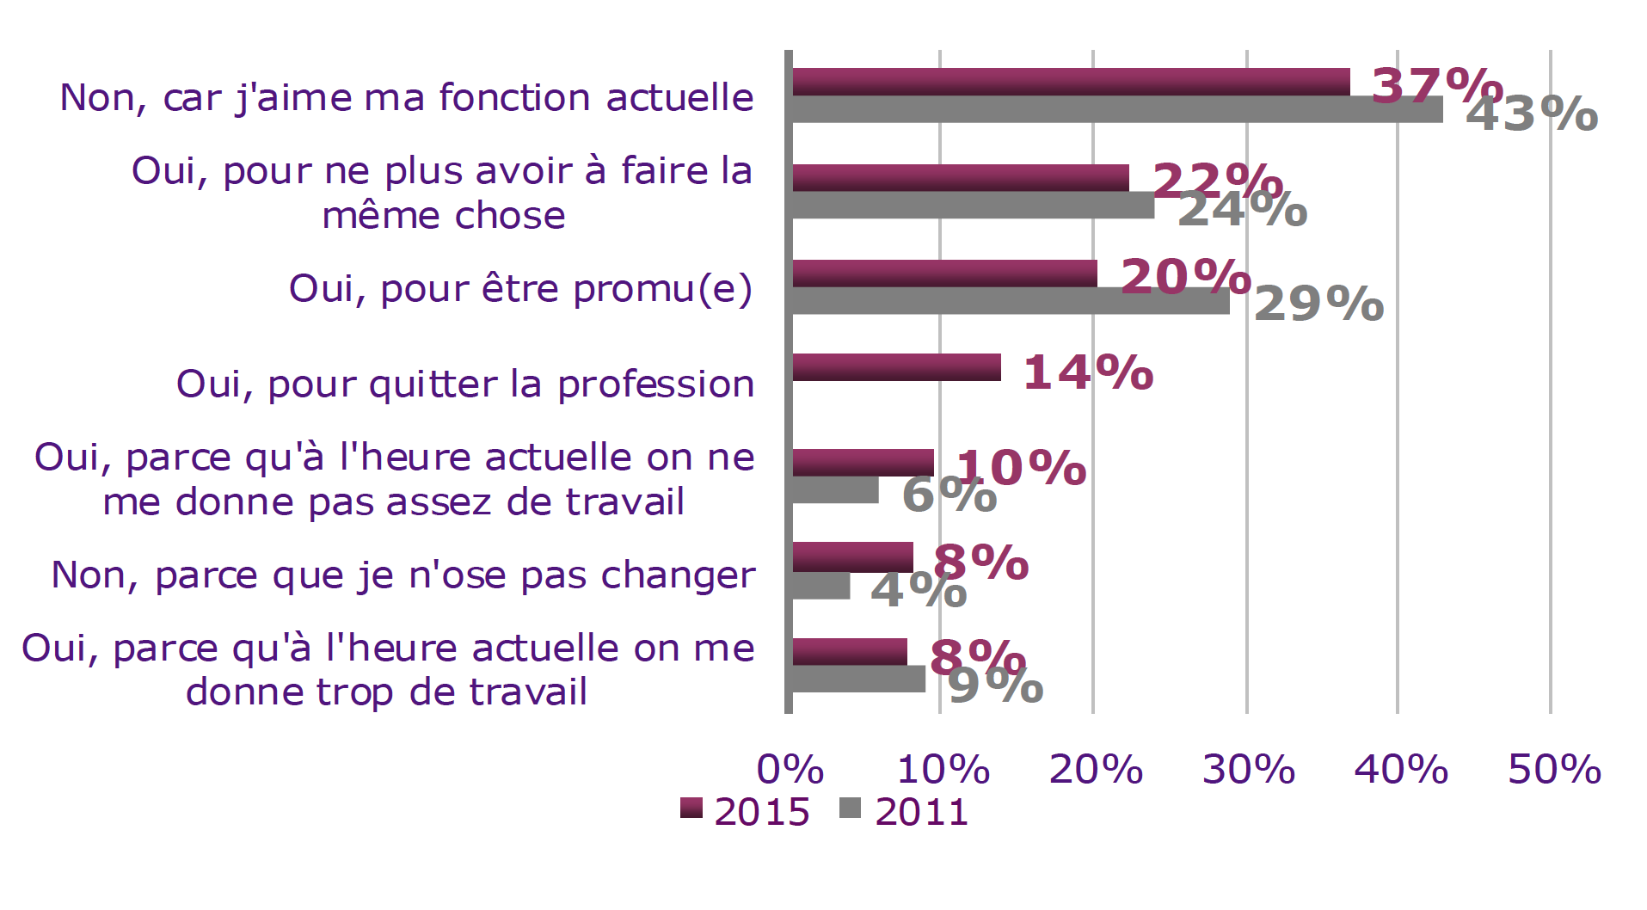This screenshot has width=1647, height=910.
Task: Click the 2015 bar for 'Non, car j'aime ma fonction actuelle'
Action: click(x=1070, y=82)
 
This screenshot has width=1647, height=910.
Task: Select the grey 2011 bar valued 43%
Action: click(x=1116, y=110)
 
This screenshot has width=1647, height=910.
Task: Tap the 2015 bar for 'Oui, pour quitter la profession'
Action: click(x=896, y=367)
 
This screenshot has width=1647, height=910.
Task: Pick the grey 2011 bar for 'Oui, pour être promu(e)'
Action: click(x=1010, y=301)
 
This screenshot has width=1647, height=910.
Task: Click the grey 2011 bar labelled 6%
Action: click(x=835, y=490)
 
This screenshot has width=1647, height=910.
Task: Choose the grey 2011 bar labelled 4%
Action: click(x=820, y=586)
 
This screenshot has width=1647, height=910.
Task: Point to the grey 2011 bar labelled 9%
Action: click(x=858, y=679)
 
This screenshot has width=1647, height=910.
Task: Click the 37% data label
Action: click(x=1435, y=85)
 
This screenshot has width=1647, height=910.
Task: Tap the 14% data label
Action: click(x=1088, y=372)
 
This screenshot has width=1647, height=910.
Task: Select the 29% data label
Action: click(x=1318, y=304)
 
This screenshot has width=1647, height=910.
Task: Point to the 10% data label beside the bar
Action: click(x=1022, y=468)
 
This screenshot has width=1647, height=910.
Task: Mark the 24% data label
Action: click(x=1242, y=209)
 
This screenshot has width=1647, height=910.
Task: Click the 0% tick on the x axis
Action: click(x=790, y=769)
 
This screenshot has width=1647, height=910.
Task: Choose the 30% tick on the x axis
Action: click(x=1248, y=769)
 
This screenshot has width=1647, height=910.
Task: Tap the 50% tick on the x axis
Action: click(x=1553, y=769)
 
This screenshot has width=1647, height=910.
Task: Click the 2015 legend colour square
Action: click(x=691, y=809)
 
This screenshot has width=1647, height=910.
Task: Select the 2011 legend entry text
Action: click(x=921, y=812)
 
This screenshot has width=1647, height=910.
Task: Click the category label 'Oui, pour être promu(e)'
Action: click(x=520, y=289)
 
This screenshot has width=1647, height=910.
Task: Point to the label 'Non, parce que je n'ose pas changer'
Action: click(x=403, y=575)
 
